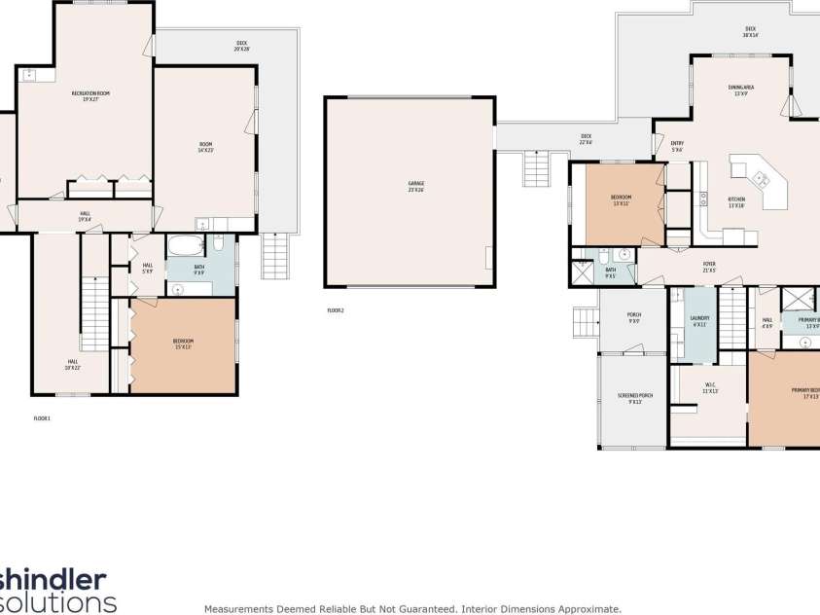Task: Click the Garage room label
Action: click(x=415, y=186)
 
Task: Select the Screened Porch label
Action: click(x=634, y=398)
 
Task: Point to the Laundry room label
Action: click(x=699, y=320)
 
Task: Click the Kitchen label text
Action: click(x=735, y=202)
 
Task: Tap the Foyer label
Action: click(x=709, y=267)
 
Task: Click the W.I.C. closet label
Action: click(x=709, y=388)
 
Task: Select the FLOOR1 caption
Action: click(x=42, y=417)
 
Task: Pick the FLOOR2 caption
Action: click(x=336, y=310)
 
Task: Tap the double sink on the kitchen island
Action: click(x=758, y=178)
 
